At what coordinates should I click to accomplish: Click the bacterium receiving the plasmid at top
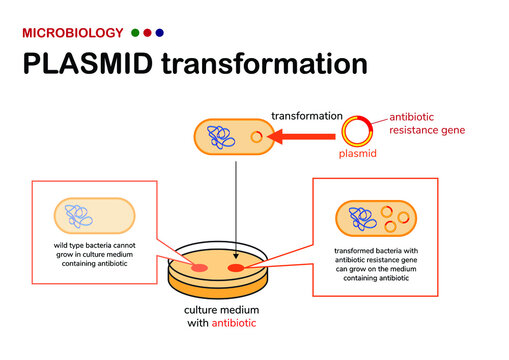(x=233, y=138)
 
